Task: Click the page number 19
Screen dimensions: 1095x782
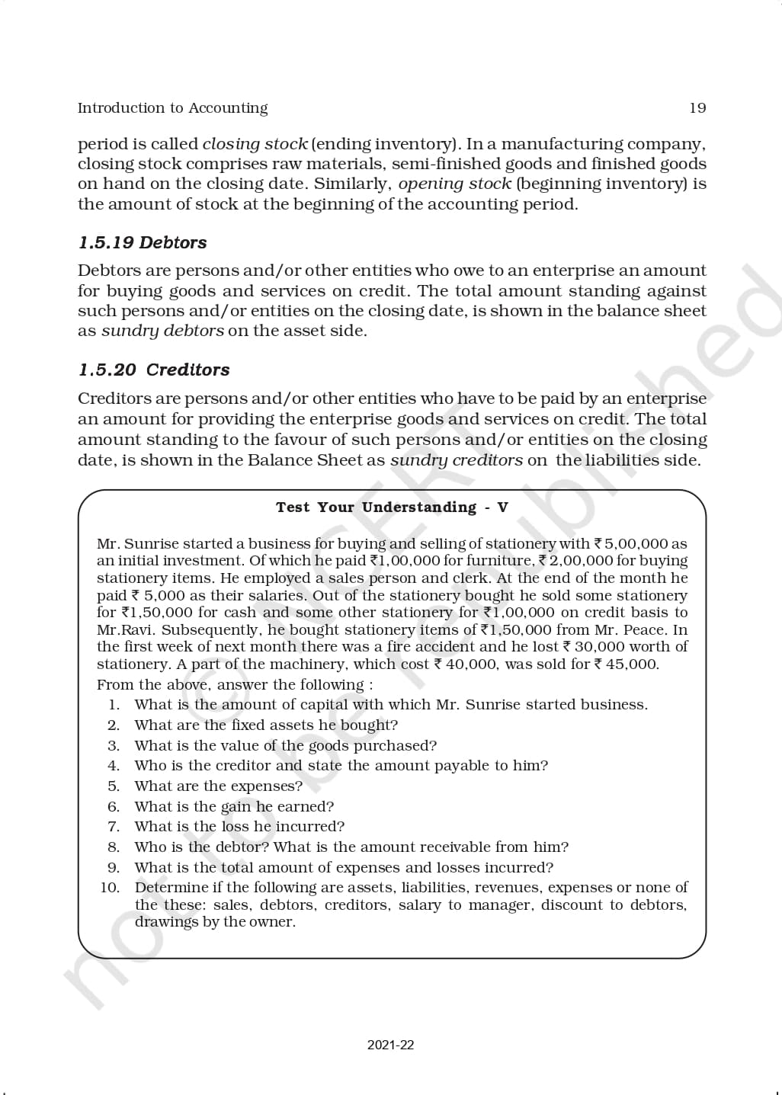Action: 697,108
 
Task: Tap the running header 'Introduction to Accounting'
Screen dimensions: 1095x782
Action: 172,108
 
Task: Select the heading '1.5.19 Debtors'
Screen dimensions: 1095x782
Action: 143,242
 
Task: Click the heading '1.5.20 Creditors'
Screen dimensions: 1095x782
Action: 154,370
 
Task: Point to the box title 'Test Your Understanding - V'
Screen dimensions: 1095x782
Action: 392,507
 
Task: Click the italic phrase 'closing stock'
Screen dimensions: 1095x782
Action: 255,144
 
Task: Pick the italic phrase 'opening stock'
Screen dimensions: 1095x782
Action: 455,184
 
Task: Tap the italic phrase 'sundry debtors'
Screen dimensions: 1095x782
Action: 162,331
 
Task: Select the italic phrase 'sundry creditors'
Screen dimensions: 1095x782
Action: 457,460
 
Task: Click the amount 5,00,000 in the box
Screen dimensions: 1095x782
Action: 636,544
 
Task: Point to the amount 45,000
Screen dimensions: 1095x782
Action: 632,664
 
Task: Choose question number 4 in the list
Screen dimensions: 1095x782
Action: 114,766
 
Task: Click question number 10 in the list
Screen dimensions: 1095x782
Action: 111,888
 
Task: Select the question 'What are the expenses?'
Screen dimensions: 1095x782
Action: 218,786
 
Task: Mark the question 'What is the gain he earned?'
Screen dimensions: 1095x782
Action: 234,806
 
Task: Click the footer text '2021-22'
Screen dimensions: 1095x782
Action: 390,1045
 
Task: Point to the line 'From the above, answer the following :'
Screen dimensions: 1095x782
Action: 235,684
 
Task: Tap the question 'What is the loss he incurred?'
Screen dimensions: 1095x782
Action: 239,827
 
